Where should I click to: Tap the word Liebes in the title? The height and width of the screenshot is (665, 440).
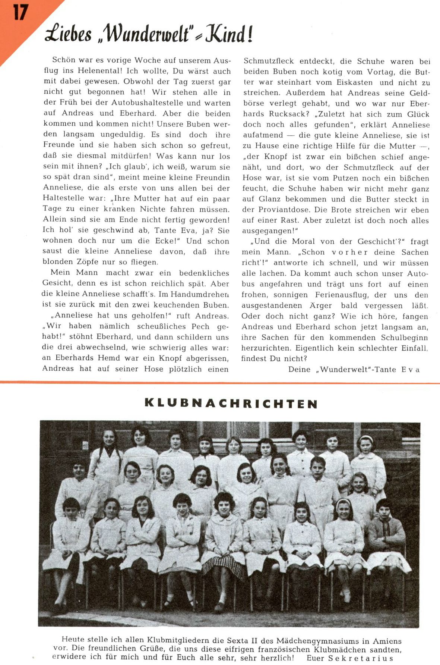click(68, 35)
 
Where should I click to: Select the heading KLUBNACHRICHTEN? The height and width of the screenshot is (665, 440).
click(231, 404)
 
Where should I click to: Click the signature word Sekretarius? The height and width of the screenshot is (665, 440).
click(361, 658)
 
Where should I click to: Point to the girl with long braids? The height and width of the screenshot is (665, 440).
click(107, 453)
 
